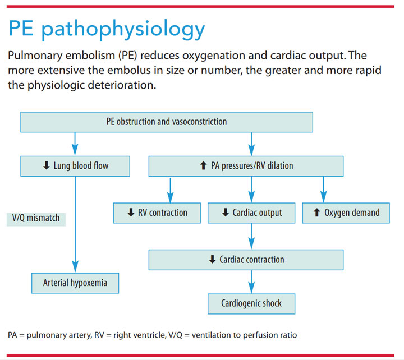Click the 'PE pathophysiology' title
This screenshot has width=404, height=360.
tap(107, 28)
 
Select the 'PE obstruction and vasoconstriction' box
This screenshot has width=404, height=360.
tap(166, 121)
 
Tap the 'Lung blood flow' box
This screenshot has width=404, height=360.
tap(76, 165)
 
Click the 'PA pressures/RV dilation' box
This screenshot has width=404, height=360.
tap(246, 165)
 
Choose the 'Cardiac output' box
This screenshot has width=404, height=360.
tap(251, 213)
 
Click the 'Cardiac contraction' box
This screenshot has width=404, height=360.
tap(246, 259)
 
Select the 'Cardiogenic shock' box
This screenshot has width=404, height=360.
tap(251, 303)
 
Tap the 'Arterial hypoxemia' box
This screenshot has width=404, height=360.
tap(74, 283)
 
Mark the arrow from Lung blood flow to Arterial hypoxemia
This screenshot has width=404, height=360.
tap(74, 224)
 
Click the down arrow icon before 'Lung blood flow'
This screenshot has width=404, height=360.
tap(46, 165)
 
